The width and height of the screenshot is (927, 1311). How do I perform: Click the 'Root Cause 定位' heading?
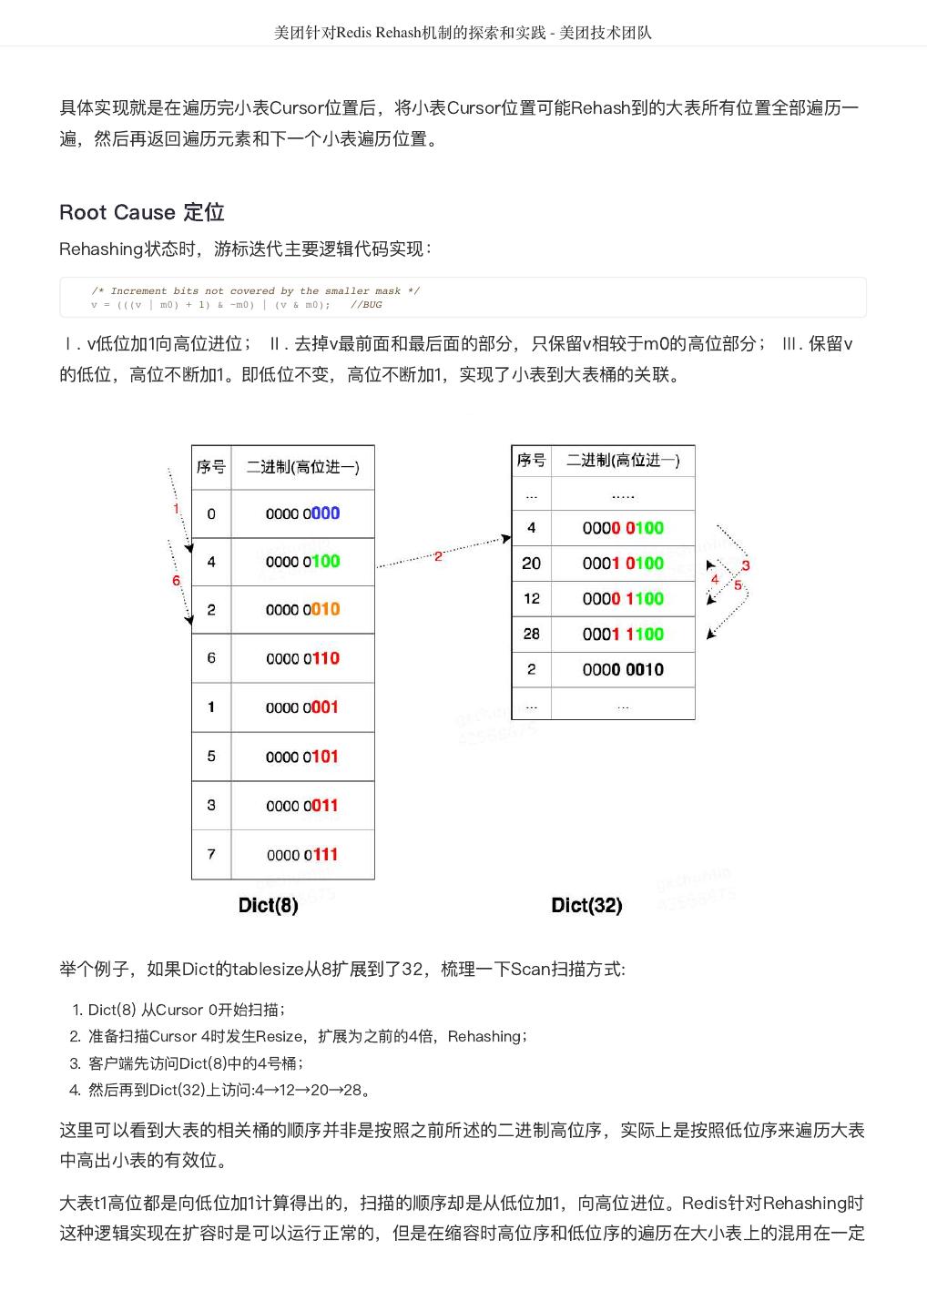click(141, 212)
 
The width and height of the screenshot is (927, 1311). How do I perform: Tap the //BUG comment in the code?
click(366, 305)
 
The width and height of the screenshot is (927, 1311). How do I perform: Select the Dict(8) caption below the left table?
click(268, 905)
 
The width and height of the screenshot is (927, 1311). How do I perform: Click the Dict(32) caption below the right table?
click(586, 905)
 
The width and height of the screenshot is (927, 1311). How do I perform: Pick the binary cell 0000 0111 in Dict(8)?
click(302, 855)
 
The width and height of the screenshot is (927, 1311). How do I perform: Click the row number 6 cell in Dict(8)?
click(211, 658)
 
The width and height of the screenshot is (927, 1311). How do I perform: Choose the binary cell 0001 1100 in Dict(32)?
click(623, 635)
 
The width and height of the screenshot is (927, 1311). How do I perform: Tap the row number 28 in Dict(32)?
click(532, 635)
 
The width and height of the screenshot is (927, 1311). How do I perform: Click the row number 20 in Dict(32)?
click(532, 564)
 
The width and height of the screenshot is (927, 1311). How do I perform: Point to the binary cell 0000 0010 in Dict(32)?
click(623, 670)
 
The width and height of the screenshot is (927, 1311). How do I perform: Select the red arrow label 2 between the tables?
click(438, 555)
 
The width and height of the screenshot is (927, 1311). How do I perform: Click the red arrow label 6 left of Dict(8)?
click(176, 581)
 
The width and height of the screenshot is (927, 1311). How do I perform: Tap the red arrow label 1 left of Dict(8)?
click(177, 509)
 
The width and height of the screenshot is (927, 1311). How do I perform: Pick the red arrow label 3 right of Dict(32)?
click(746, 566)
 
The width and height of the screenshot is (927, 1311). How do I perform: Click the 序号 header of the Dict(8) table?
click(211, 467)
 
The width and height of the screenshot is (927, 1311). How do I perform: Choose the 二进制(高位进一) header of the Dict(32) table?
click(623, 461)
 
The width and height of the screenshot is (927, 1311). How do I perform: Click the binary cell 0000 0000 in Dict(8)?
click(302, 513)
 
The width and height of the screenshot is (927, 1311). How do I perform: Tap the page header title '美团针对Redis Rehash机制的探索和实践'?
click(410, 33)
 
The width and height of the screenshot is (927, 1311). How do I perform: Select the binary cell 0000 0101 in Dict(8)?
click(302, 757)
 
